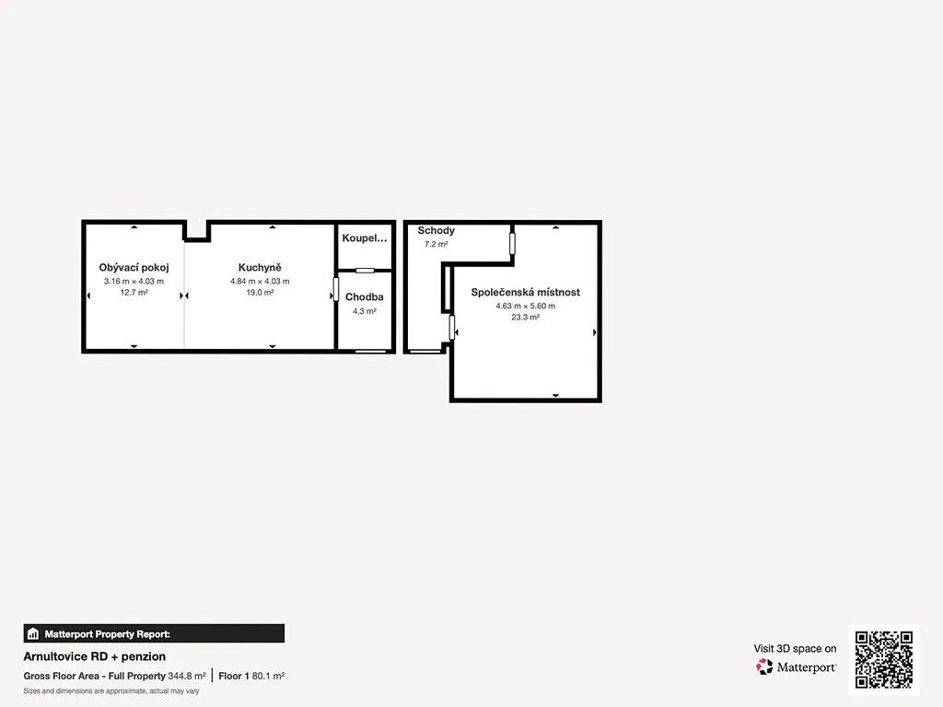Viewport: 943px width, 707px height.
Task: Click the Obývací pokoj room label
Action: click(134, 268)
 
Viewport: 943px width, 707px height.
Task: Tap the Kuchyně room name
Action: click(260, 268)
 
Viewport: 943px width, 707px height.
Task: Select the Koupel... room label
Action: click(365, 238)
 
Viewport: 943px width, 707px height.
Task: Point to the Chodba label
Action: click(365, 297)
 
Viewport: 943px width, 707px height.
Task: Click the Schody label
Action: click(436, 231)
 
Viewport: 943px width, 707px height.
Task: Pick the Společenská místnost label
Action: click(526, 292)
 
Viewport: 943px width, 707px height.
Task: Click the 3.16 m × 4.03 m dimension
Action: click(134, 282)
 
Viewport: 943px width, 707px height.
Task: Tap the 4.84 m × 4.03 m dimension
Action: click(260, 282)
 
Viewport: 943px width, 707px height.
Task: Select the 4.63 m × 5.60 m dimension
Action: click(526, 306)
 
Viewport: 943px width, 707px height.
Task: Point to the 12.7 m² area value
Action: click(134, 293)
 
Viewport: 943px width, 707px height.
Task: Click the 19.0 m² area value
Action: click(260, 293)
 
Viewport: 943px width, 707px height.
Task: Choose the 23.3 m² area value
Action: click(526, 318)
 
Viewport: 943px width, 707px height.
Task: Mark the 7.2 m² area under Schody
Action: click(436, 244)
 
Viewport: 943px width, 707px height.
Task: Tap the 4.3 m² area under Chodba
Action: click(365, 311)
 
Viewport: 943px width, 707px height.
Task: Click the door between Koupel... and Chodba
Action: click(365, 271)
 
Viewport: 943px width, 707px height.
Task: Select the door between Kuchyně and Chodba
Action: click(335, 289)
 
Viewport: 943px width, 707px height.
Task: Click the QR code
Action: click(884, 659)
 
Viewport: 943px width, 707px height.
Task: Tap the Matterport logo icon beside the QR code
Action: click(763, 666)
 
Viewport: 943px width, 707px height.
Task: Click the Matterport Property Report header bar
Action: click(154, 633)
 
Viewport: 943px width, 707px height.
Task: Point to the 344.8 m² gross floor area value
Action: click(186, 677)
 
